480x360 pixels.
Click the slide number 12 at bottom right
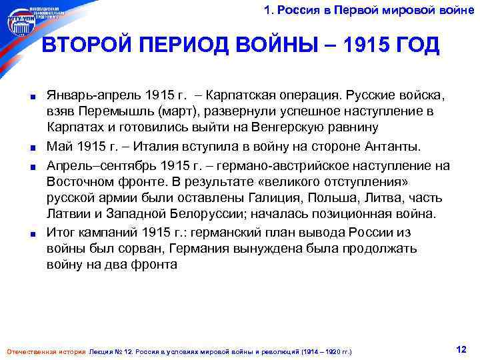pyautogui.click(x=461, y=349)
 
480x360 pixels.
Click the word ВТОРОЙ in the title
pyautogui.click(x=87, y=46)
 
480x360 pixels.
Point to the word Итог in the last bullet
pyautogui.click(x=61, y=232)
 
